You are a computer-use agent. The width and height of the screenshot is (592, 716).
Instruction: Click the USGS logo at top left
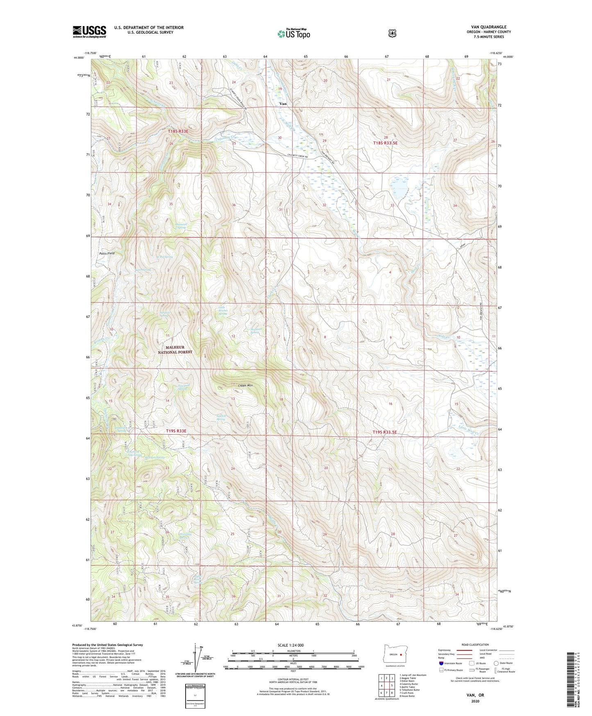pyautogui.click(x=89, y=32)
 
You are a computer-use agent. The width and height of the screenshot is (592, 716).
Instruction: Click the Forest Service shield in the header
pyautogui.click(x=392, y=33)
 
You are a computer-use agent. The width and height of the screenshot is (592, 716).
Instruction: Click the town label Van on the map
pyautogui.click(x=283, y=104)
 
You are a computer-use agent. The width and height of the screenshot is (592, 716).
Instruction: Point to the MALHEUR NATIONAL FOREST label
pyautogui.click(x=175, y=349)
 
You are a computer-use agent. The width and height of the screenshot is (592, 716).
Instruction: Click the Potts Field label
pyautogui.click(x=107, y=253)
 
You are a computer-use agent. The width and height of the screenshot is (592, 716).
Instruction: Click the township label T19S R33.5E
pyautogui.click(x=385, y=432)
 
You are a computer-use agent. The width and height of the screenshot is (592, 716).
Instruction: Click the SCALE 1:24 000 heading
pyautogui.click(x=290, y=645)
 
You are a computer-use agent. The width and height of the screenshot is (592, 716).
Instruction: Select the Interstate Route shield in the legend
pyautogui.click(x=441, y=663)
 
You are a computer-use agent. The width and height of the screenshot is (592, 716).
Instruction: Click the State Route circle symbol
pyautogui.click(x=496, y=663)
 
